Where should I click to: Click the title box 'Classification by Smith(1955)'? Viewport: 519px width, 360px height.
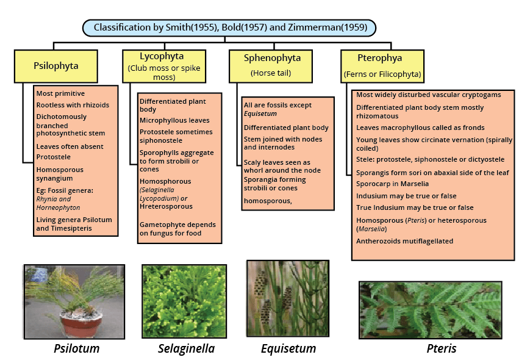pos(229,27)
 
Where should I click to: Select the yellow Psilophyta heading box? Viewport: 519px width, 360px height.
pos(55,66)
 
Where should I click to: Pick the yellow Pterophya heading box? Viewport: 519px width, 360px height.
pos(382,66)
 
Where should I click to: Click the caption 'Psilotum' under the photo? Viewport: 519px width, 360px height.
pos(76,348)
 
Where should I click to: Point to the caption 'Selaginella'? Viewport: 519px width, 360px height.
pos(186,348)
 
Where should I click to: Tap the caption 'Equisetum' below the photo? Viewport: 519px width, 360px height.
pos(288,348)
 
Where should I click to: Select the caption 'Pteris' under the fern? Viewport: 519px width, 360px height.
pos(442,348)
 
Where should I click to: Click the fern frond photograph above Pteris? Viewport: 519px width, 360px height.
pos(430,309)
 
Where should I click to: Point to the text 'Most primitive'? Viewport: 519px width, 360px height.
pos(60,93)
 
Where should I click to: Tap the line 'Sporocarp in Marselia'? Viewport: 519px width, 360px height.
pos(392,184)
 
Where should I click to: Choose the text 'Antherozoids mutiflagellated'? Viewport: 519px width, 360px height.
pos(404,241)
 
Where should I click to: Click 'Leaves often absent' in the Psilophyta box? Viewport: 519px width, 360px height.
pos(70,146)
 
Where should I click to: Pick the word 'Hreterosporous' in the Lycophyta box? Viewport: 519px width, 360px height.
pos(167,207)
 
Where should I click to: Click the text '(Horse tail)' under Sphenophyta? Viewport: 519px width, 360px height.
pos(271,74)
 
